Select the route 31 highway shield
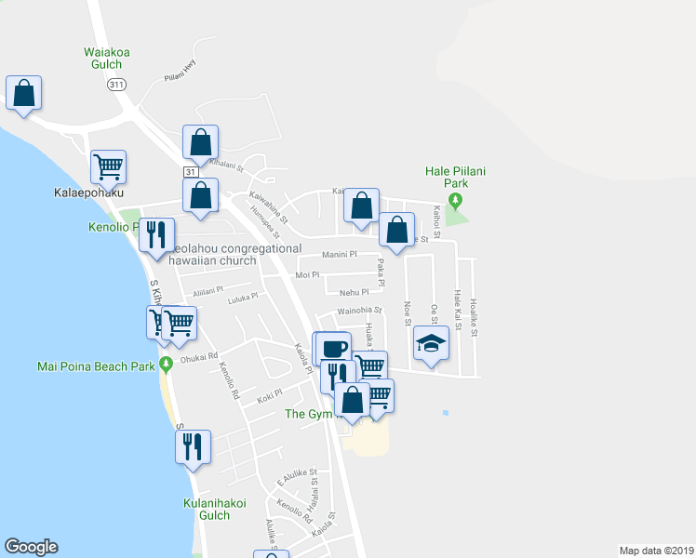point(190,173)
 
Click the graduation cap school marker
point(431,344)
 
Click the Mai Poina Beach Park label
point(96,366)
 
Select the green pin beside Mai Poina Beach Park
point(166,364)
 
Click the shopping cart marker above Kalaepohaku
point(108,167)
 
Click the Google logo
point(31,547)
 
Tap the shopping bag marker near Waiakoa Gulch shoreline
point(23,93)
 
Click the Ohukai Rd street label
point(199,355)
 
